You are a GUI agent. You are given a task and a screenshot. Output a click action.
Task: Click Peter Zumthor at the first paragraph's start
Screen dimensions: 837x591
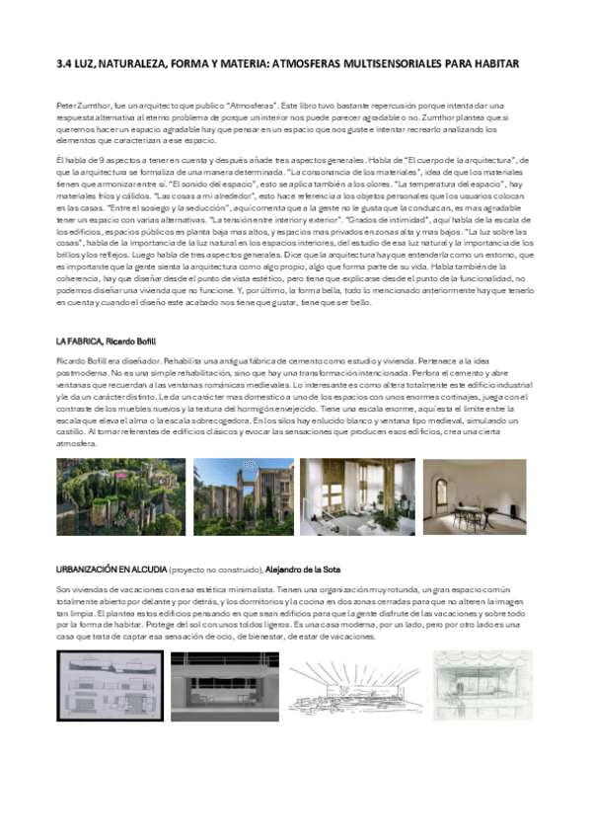click(82, 104)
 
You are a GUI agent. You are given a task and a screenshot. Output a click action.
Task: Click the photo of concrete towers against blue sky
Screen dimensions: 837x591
click(243, 495)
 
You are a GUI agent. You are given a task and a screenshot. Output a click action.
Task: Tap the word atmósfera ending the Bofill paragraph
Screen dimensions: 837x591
click(76, 444)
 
